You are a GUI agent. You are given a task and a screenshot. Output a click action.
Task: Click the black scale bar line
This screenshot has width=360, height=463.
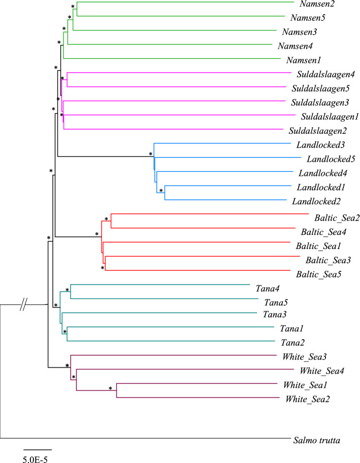coord(38,450)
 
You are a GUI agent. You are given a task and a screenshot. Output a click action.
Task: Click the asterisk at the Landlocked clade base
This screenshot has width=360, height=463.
coord(151,153)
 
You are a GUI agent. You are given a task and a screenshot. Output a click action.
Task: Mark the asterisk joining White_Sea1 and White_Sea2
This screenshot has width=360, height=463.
coord(111,389)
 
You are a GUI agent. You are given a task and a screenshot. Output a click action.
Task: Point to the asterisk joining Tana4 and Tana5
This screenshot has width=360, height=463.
coord(67,290)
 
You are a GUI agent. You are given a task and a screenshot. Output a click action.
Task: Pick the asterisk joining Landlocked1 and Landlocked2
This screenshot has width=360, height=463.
coord(161,191)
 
